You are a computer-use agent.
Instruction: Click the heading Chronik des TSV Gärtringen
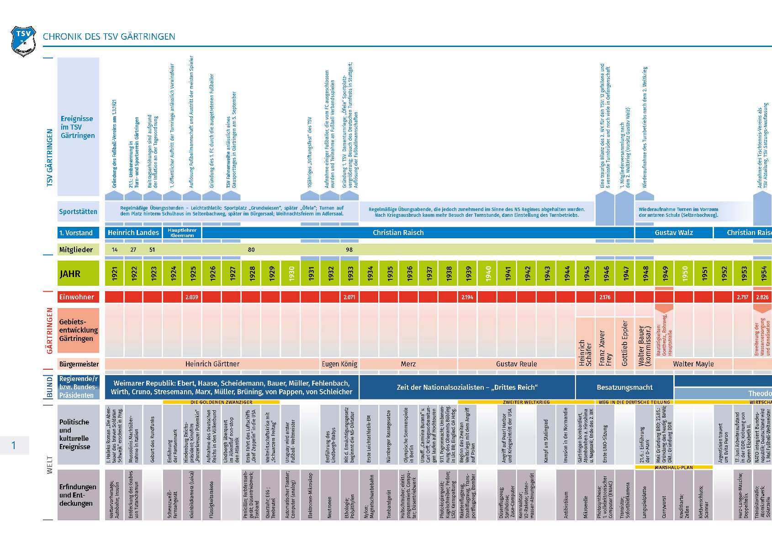pyautogui.click(x=109, y=37)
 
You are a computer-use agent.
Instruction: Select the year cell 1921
pyautogui.click(x=114, y=273)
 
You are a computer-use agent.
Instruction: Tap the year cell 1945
pyautogui.click(x=586, y=273)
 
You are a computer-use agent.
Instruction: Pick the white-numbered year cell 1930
pyautogui.click(x=291, y=273)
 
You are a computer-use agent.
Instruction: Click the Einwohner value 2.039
pyautogui.click(x=192, y=297)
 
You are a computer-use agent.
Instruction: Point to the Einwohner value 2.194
pyautogui.click(x=467, y=297)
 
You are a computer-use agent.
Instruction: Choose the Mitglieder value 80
pyautogui.click(x=251, y=250)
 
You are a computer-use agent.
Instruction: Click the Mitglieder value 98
pyautogui.click(x=349, y=250)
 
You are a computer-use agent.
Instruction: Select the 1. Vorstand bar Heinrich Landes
pyautogui.click(x=133, y=233)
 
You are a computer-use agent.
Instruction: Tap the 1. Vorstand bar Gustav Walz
pyautogui.click(x=674, y=233)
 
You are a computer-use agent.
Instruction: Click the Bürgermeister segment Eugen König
pyautogui.click(x=339, y=364)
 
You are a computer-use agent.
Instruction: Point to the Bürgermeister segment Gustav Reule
pyautogui.click(x=516, y=364)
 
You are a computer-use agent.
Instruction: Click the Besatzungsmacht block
pyautogui.click(x=624, y=387)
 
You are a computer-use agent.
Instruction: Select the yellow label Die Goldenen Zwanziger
pyautogui.click(x=221, y=402)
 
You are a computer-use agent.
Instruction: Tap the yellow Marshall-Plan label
pyautogui.click(x=674, y=467)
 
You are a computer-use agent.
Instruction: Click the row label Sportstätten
pyautogui.click(x=78, y=212)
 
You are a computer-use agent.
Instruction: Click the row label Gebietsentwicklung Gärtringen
pyautogui.click(x=78, y=330)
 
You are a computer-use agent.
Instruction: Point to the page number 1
pyautogui.click(x=14, y=445)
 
